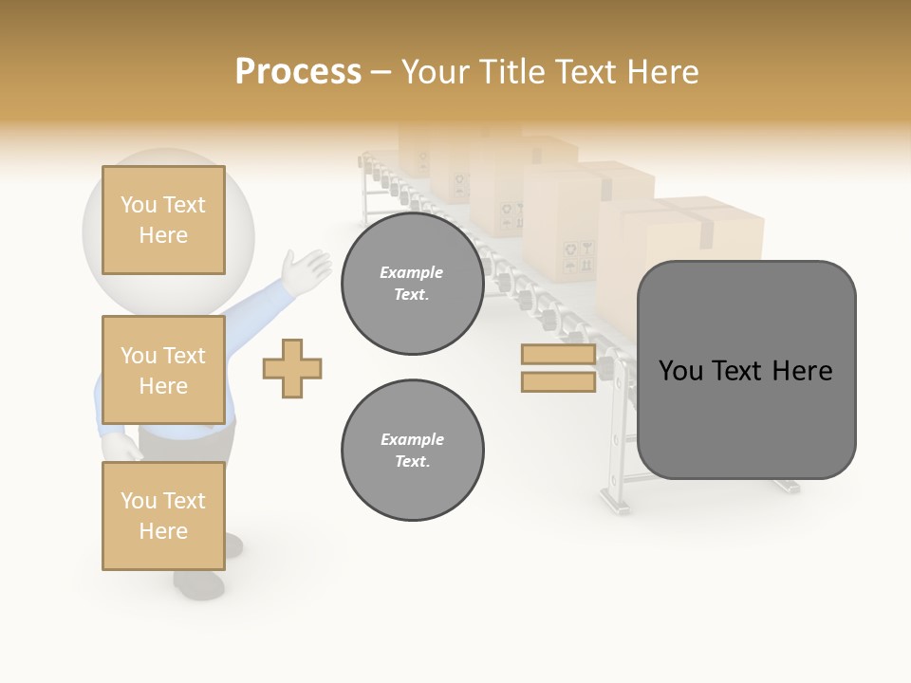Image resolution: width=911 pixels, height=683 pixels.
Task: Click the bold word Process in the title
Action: pyautogui.click(x=298, y=71)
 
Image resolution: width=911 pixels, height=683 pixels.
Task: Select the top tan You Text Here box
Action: pyautogui.click(x=163, y=220)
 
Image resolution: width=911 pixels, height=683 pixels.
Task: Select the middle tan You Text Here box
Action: pyautogui.click(x=163, y=370)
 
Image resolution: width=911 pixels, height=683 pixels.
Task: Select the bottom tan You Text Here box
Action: pyautogui.click(x=163, y=515)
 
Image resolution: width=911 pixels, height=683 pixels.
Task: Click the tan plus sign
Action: pyautogui.click(x=292, y=368)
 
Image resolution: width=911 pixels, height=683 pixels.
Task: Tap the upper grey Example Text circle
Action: pyautogui.click(x=412, y=283)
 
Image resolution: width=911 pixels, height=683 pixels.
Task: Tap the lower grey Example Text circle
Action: pyautogui.click(x=412, y=450)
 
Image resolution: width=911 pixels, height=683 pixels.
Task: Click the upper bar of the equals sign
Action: pyautogui.click(x=558, y=355)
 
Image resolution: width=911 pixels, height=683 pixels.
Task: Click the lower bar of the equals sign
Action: pyautogui.click(x=558, y=382)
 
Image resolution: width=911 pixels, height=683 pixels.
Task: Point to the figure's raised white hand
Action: pyautogui.click(x=307, y=268)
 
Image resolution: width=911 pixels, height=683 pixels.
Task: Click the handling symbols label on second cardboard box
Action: pyautogui.click(x=575, y=252)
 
